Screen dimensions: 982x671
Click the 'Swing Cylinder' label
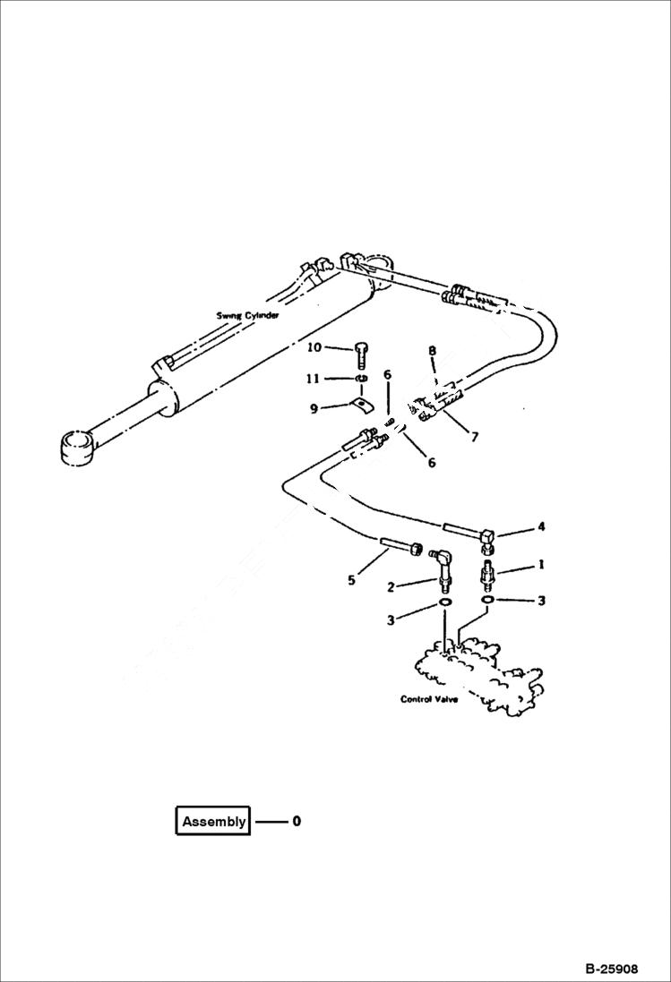(247, 315)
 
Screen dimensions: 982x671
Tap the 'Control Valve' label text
(429, 699)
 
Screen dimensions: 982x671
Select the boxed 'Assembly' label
(213, 822)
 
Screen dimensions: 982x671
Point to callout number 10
(314, 347)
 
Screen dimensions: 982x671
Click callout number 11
(312, 379)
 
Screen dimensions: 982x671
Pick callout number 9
(314, 409)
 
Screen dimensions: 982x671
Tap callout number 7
(474, 437)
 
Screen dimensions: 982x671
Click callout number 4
(541, 527)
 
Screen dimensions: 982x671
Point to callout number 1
(541, 566)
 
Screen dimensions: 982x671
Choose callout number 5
(351, 580)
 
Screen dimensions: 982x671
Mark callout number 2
(391, 587)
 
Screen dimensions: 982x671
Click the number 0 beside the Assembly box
(297, 821)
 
